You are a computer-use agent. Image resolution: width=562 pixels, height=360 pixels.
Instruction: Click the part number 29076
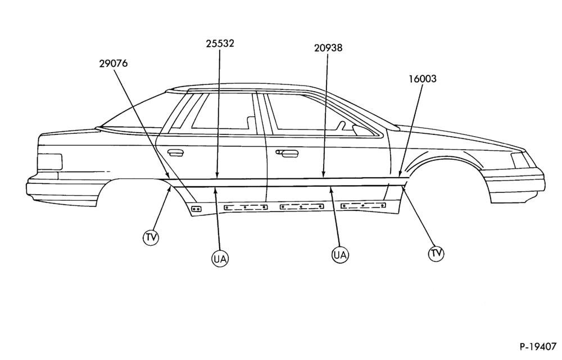tap(114, 64)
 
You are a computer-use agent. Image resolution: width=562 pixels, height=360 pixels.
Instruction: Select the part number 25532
tap(220, 43)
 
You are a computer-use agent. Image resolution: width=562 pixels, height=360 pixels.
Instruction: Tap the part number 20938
tap(328, 48)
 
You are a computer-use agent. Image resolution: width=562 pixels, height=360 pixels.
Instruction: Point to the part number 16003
tap(423, 79)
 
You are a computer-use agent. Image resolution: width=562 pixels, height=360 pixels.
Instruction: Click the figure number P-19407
tap(538, 347)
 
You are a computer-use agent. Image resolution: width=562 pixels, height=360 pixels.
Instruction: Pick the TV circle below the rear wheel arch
tap(151, 237)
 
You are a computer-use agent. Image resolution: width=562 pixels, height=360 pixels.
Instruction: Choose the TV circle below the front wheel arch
tap(436, 253)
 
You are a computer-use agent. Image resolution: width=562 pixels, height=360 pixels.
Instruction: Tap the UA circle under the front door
tap(339, 255)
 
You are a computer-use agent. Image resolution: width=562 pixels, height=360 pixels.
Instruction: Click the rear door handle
tap(176, 153)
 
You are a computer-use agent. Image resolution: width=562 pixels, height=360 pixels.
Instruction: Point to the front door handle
tap(287, 153)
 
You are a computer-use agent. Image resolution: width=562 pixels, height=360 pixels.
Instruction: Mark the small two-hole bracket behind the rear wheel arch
tap(196, 208)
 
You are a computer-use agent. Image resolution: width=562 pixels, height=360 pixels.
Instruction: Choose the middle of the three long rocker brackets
tap(301, 206)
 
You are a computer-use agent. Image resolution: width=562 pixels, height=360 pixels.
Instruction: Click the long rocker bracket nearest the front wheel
tap(364, 205)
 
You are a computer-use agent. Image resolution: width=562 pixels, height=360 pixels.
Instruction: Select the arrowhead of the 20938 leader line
tap(323, 174)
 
